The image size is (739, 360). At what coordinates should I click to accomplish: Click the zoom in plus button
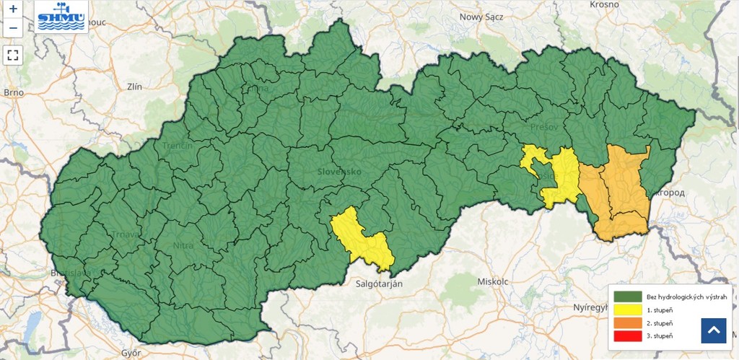click(13, 10)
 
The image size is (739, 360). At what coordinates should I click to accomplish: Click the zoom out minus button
click(13, 29)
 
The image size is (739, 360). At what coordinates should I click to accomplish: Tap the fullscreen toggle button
click(13, 54)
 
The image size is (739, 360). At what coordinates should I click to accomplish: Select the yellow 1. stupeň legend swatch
click(628, 309)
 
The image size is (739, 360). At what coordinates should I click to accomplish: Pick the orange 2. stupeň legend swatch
click(628, 322)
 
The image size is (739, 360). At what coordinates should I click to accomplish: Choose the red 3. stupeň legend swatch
click(628, 336)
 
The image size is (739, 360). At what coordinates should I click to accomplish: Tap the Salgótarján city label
click(379, 284)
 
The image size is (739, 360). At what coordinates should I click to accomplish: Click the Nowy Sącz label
click(480, 17)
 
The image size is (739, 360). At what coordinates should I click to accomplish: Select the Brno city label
click(14, 92)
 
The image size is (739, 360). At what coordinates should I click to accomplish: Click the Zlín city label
click(134, 87)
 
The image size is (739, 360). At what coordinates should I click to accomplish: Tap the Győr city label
click(131, 353)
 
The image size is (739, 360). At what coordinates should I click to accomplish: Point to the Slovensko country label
click(338, 172)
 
